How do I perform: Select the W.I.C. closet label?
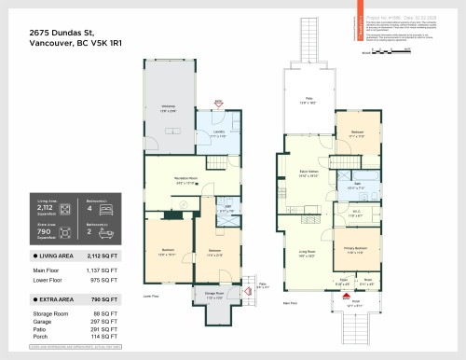pyautogui.click(x=355, y=214)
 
